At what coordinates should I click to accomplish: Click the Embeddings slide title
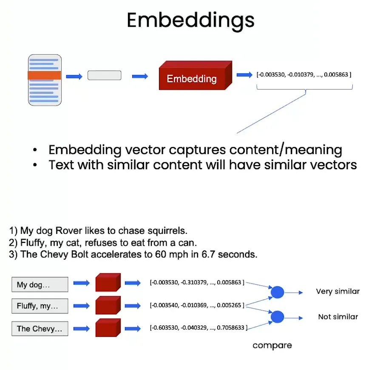[x=190, y=20]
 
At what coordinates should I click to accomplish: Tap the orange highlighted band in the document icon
[x=45, y=76]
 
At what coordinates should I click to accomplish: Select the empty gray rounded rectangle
[x=104, y=76]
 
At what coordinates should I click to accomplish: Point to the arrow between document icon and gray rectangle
[x=74, y=76]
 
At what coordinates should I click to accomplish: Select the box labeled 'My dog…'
[x=40, y=285]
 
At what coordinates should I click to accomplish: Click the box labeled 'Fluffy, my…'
[x=40, y=306]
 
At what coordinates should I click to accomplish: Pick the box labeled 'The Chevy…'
[x=40, y=328]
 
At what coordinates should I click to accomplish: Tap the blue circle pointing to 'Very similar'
[x=277, y=292]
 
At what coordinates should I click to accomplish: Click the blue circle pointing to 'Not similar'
[x=277, y=317]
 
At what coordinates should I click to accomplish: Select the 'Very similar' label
[x=337, y=292]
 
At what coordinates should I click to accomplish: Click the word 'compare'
[x=272, y=345]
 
